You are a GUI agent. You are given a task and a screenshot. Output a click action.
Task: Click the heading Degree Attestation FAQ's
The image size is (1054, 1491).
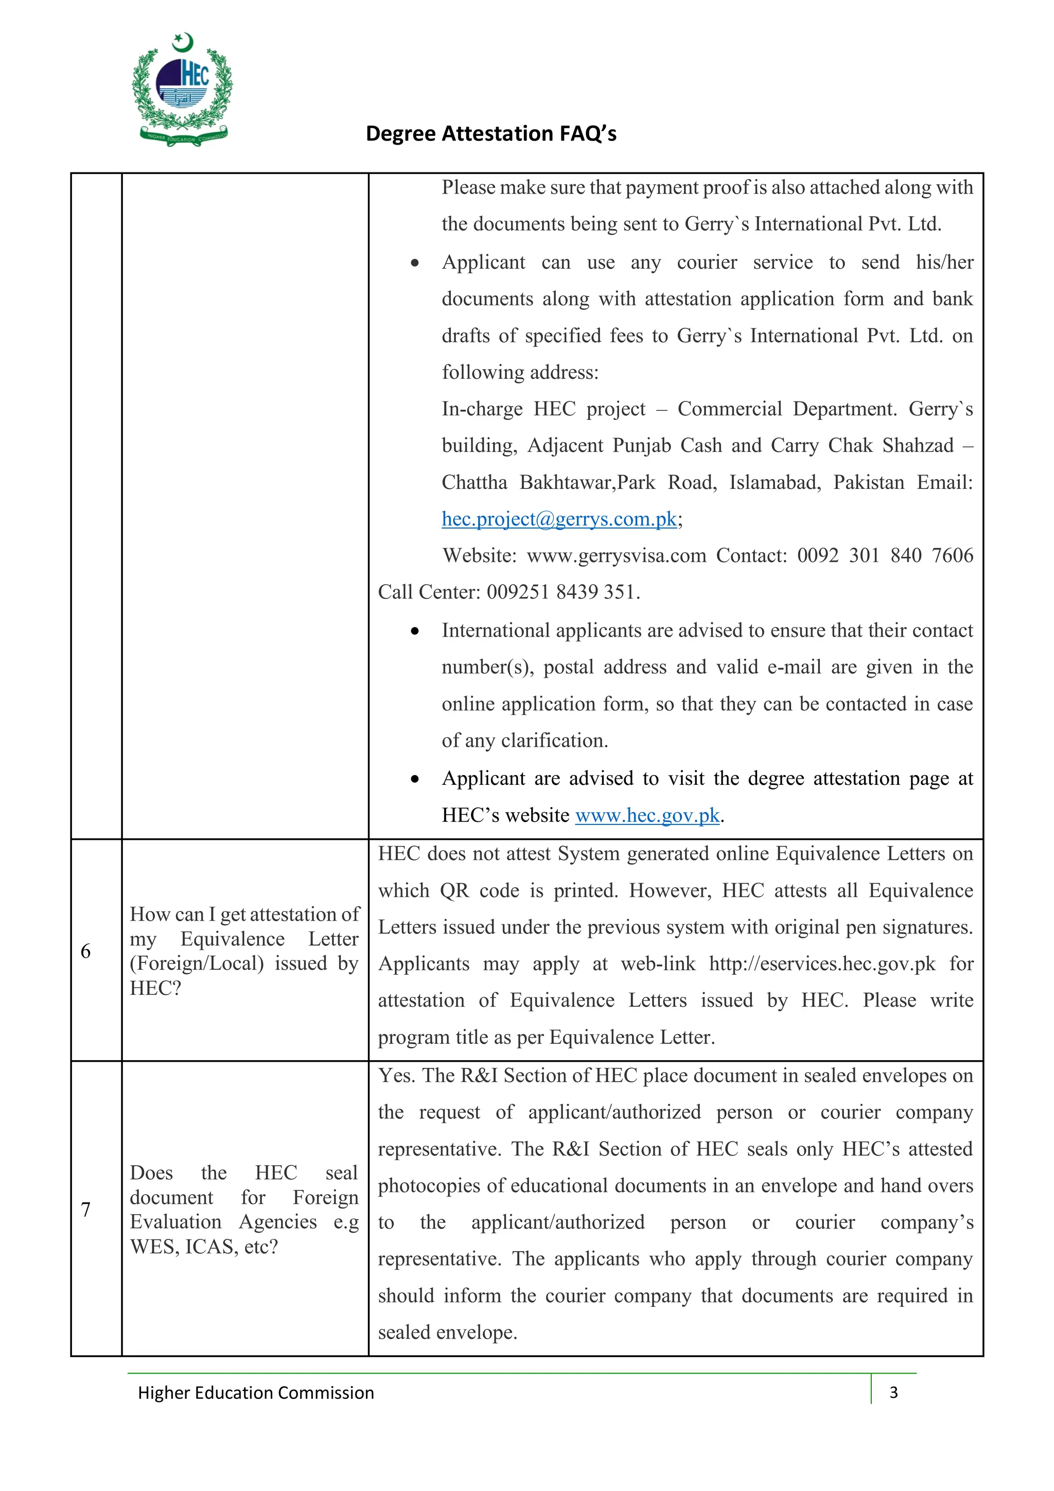pos(491,133)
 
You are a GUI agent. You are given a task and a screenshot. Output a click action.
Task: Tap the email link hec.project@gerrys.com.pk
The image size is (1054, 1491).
pos(559,519)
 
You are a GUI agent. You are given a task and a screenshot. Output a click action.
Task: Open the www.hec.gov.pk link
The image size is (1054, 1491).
pos(647,815)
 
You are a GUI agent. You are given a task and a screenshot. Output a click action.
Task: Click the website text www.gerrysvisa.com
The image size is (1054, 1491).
pos(617,555)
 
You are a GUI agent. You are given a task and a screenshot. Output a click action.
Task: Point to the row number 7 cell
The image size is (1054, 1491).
pos(86,1209)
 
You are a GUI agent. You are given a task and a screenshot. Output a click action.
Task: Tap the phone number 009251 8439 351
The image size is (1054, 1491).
pos(563,592)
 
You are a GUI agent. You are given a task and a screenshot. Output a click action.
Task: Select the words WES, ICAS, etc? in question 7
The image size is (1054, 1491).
pos(204,1247)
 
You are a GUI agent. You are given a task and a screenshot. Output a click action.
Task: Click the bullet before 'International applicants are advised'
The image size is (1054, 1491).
pos(415,631)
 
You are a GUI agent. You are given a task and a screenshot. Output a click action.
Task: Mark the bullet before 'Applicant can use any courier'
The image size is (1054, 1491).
pos(415,263)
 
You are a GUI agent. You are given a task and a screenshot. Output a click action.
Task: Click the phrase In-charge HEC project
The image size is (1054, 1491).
pos(543,409)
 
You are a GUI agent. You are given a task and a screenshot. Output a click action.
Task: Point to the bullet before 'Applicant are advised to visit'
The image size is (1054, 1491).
pos(415,779)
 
